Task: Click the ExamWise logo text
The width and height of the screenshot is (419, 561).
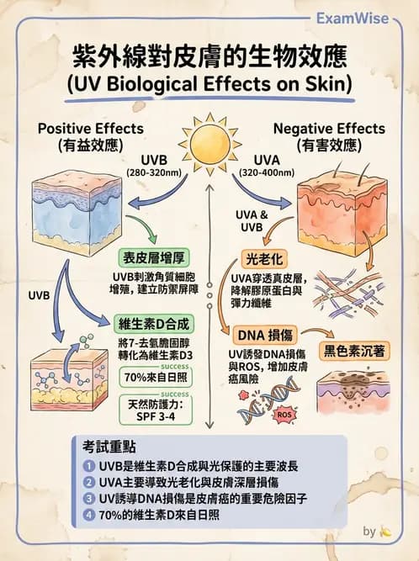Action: pos(352,19)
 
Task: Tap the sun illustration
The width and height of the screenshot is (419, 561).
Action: pos(209,144)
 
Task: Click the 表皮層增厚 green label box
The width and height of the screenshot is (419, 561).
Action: pos(154,258)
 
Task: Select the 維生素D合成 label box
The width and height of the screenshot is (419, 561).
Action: pos(153,324)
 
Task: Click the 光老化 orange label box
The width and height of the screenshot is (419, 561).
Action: pos(264,259)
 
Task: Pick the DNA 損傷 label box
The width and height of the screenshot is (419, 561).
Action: pos(265,336)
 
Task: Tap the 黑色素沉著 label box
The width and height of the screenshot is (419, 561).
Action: pos(354,351)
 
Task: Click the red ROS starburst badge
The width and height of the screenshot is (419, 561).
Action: pos(284,415)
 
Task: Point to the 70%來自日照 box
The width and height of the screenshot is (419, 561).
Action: pos(156,377)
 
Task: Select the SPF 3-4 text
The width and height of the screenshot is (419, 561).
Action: pos(156,417)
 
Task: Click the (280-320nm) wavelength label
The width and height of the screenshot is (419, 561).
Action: pos(154,172)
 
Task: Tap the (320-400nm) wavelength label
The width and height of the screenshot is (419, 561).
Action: pos(267,172)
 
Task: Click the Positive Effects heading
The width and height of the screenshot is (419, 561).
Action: pos(91,129)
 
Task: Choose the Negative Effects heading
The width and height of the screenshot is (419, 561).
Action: pos(329,129)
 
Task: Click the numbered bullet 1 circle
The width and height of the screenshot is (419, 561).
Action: pos(88,466)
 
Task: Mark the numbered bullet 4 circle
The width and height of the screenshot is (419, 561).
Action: pos(88,515)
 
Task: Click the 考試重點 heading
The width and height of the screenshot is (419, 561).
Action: pos(109,447)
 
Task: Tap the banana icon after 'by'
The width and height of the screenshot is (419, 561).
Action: pos(385,532)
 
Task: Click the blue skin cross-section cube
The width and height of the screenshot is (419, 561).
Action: pos(77,213)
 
